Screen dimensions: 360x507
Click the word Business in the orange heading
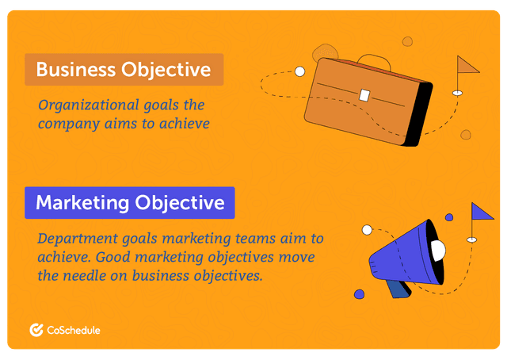point(75,70)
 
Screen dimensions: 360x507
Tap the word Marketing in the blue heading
point(82,203)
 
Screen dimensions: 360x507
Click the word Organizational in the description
point(82,105)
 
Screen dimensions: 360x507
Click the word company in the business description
point(70,124)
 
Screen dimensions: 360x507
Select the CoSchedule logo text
point(73,331)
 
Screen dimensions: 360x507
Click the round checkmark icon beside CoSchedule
point(36,331)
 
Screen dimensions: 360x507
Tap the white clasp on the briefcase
point(364,95)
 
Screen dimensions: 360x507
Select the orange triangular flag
point(467,64)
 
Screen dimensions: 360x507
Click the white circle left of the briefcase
point(299,71)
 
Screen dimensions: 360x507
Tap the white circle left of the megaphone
point(367,230)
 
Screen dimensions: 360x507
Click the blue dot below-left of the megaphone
point(359,294)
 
